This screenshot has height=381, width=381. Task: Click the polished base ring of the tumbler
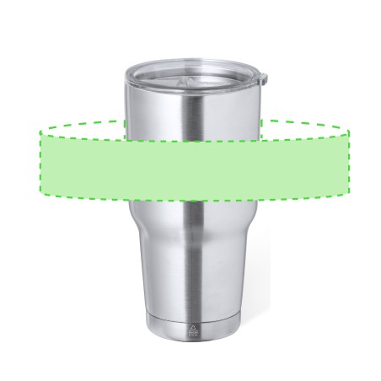pyautogui.click(x=193, y=330)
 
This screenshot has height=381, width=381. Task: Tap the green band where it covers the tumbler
pyautogui.click(x=193, y=169)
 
